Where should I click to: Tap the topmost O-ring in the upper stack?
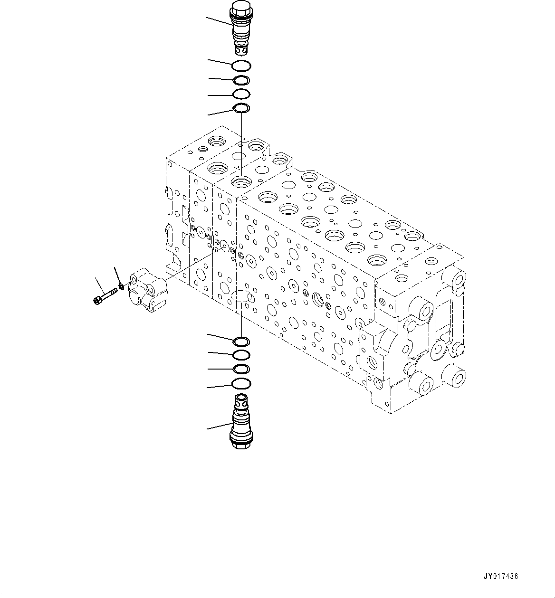(242, 66)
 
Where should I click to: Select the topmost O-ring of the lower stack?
(241, 341)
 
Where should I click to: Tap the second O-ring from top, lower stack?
(241, 354)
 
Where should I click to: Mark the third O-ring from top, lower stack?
(241, 369)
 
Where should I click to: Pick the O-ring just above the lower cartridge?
(241, 383)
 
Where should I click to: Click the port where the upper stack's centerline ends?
(241, 181)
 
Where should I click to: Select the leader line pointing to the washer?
(117, 275)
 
